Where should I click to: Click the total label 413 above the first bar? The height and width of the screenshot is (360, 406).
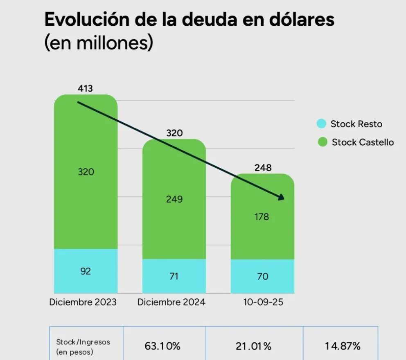[86, 88]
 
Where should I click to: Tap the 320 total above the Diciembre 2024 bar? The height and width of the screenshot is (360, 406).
[174, 133]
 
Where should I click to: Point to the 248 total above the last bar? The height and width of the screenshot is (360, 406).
[262, 168]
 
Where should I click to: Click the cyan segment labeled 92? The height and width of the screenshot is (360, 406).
[86, 271]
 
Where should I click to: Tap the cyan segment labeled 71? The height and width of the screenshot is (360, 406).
[174, 276]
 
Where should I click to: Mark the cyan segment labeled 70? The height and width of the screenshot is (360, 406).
[262, 276]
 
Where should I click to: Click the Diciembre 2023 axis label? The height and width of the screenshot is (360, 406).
[83, 302]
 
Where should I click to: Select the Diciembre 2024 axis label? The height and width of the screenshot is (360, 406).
[171, 302]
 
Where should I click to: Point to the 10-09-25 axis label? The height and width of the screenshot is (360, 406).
[263, 302]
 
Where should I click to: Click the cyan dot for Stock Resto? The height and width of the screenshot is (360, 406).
[322, 124]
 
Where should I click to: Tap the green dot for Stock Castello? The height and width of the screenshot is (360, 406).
[323, 142]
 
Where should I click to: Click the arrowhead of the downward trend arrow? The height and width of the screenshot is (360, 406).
[281, 198]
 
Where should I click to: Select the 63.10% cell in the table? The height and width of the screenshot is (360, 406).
[162, 346]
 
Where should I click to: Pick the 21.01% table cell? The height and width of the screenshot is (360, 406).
[253, 346]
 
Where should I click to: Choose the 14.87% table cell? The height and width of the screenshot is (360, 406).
[343, 346]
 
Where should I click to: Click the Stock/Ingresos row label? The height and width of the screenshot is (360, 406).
[83, 346]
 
